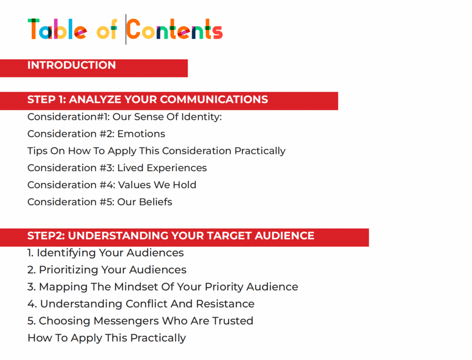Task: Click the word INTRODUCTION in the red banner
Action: pyautogui.click(x=71, y=65)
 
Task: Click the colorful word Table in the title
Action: pyautogui.click(x=57, y=29)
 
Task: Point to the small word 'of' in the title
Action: pyautogui.click(x=106, y=30)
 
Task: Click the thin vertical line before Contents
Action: pyautogui.click(x=126, y=29)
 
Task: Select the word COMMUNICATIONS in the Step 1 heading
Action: pyautogui.click(x=214, y=100)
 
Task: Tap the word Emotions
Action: pyautogui.click(x=141, y=134)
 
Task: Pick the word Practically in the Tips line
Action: pyautogui.click(x=260, y=151)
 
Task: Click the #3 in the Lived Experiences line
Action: pyautogui.click(x=107, y=168)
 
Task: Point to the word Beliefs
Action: pyautogui.click(x=156, y=202)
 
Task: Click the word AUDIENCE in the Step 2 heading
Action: pyautogui.click(x=284, y=236)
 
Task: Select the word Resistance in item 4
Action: pyautogui.click(x=225, y=304)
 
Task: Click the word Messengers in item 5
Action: pyautogui.click(x=126, y=321)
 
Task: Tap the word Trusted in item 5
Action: pyautogui.click(x=232, y=321)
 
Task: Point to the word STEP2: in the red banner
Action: pyautogui.click(x=46, y=236)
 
